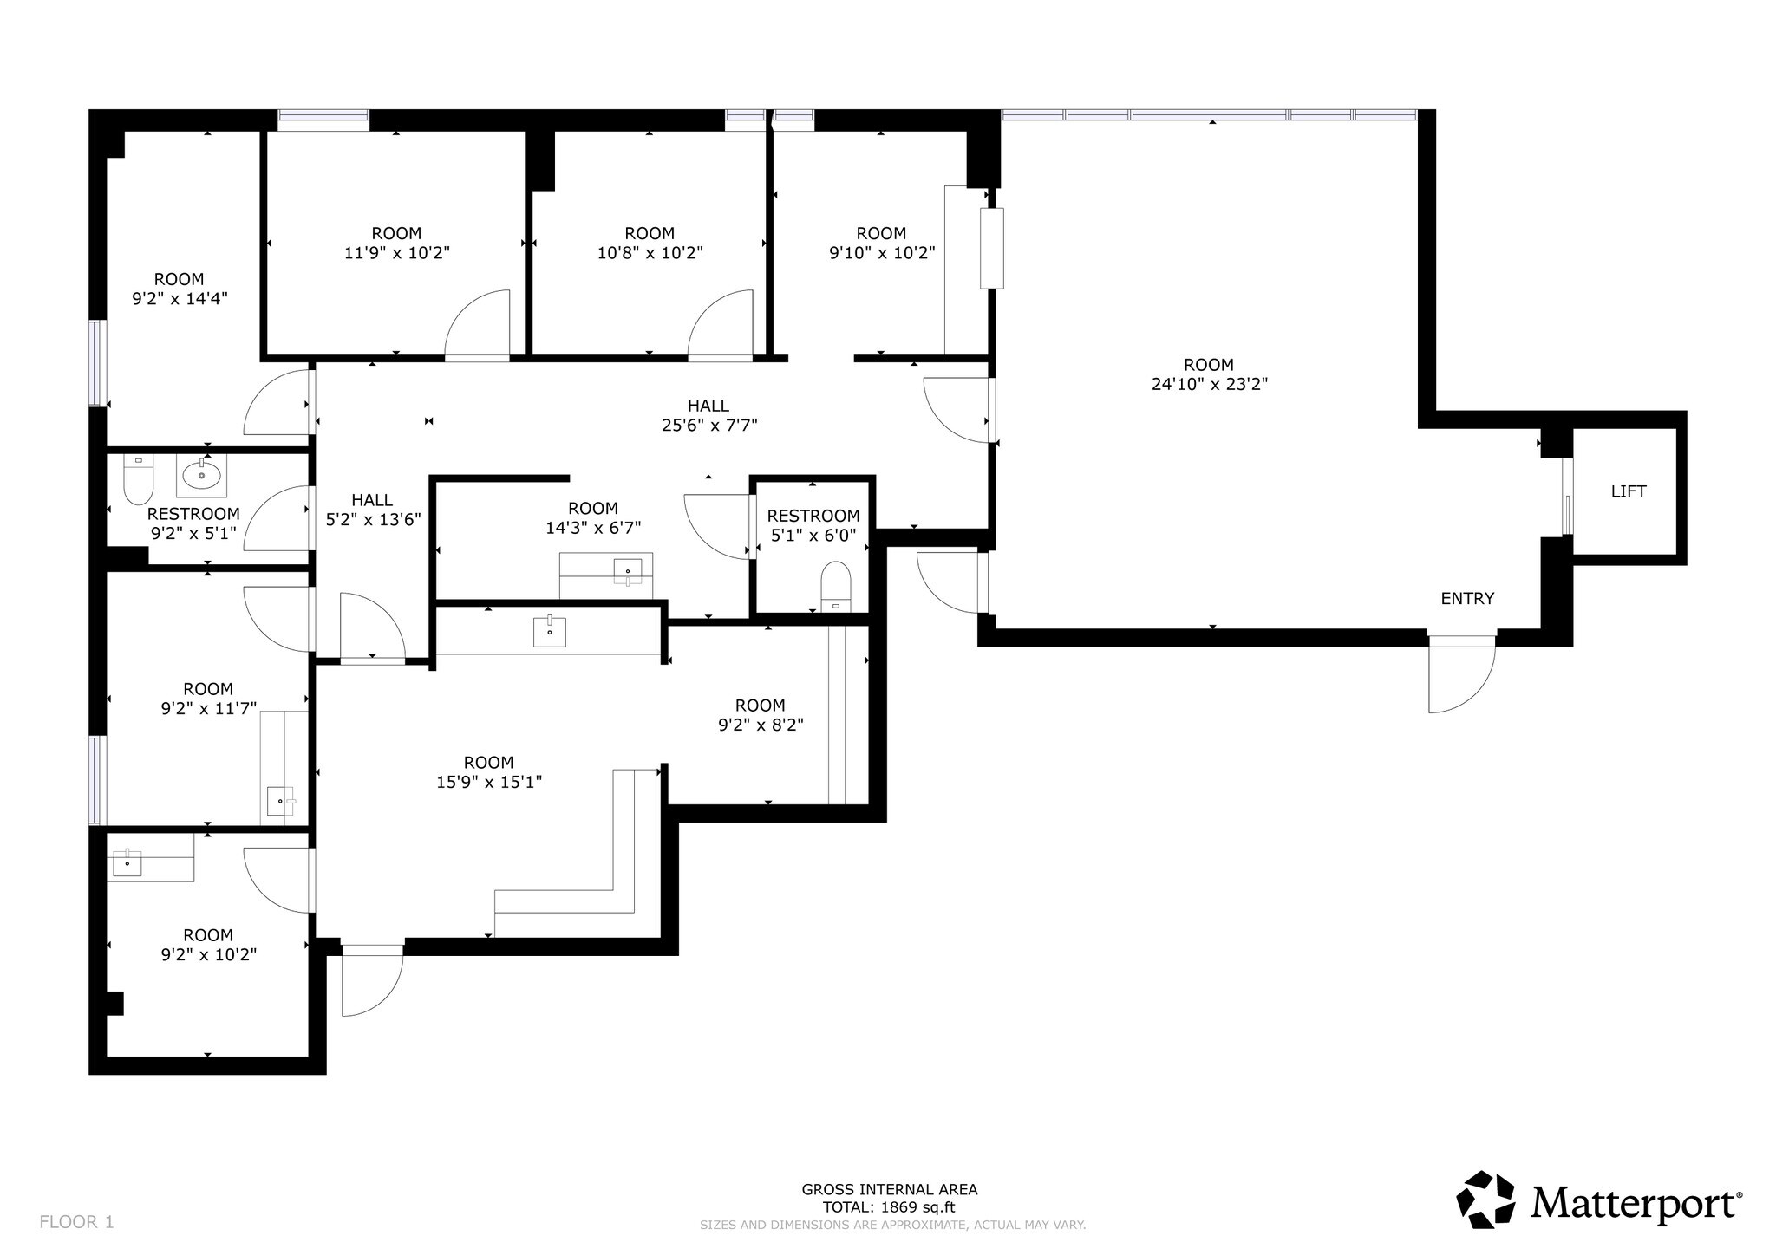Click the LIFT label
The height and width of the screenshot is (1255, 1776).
pyautogui.click(x=1628, y=491)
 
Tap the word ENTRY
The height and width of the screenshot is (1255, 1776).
pyautogui.click(x=1467, y=598)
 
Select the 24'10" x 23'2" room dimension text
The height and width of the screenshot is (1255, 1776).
pyautogui.click(x=1209, y=384)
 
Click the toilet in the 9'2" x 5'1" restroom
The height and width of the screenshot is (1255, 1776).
pyautogui.click(x=138, y=480)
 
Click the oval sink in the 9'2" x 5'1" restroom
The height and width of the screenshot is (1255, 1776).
pyautogui.click(x=201, y=475)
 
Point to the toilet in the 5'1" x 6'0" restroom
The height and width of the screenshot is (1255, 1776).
pyautogui.click(x=836, y=585)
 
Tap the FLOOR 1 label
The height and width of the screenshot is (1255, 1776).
pyautogui.click(x=76, y=1222)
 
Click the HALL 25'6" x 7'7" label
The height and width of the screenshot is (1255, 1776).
pyautogui.click(x=708, y=415)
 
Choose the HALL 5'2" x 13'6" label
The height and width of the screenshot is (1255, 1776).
pyautogui.click(x=373, y=510)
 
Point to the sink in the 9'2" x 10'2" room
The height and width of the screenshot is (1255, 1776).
pyautogui.click(x=127, y=863)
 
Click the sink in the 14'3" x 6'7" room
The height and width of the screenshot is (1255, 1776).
pyautogui.click(x=628, y=571)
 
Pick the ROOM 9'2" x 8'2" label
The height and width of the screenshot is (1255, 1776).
pyautogui.click(x=761, y=715)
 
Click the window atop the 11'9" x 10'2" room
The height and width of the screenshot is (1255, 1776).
pyautogui.click(x=323, y=119)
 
